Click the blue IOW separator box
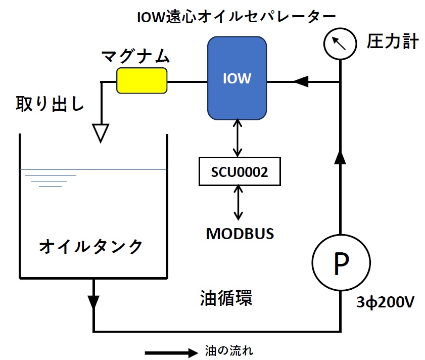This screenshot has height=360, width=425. click(x=237, y=78)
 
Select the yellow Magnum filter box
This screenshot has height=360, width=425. click(x=142, y=81)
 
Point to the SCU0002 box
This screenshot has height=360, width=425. click(x=239, y=172)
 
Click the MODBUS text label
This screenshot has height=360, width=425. click(x=240, y=234)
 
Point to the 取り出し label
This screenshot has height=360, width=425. click(x=50, y=104)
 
